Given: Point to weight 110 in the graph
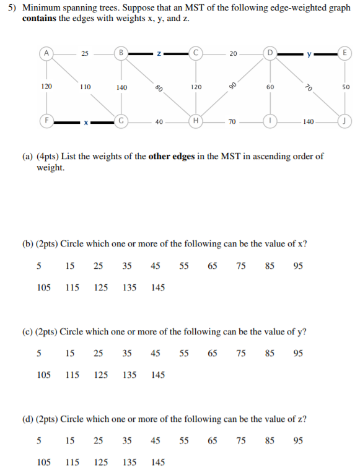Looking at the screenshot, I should [x=85, y=87].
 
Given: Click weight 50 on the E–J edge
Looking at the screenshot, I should [x=345, y=87].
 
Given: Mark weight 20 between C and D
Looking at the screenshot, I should [x=233, y=53].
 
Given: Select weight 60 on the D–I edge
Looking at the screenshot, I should [x=270, y=87].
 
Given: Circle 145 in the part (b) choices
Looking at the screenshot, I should [x=158, y=287].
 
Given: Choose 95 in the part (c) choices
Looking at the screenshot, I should [x=298, y=354].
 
